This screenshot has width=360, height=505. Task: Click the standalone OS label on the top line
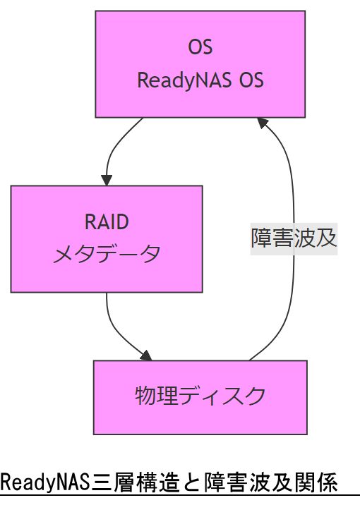pyautogui.click(x=200, y=47)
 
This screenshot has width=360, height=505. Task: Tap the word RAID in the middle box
pyautogui.click(x=107, y=222)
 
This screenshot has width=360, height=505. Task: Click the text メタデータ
pyautogui.click(x=107, y=254)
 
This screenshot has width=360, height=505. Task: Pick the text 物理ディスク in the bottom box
pyautogui.click(x=200, y=396)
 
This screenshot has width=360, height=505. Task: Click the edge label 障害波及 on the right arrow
pyautogui.click(x=294, y=238)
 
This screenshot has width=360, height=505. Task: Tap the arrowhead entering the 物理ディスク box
pyautogui.click(x=146, y=355)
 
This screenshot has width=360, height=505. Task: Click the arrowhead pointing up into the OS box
pyautogui.click(x=263, y=123)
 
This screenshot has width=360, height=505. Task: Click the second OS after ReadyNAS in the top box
pyautogui.click(x=251, y=80)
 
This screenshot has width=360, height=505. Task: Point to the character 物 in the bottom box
pyautogui.click(x=145, y=396)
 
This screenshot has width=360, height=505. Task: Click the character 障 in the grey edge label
pyautogui.click(x=262, y=238)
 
